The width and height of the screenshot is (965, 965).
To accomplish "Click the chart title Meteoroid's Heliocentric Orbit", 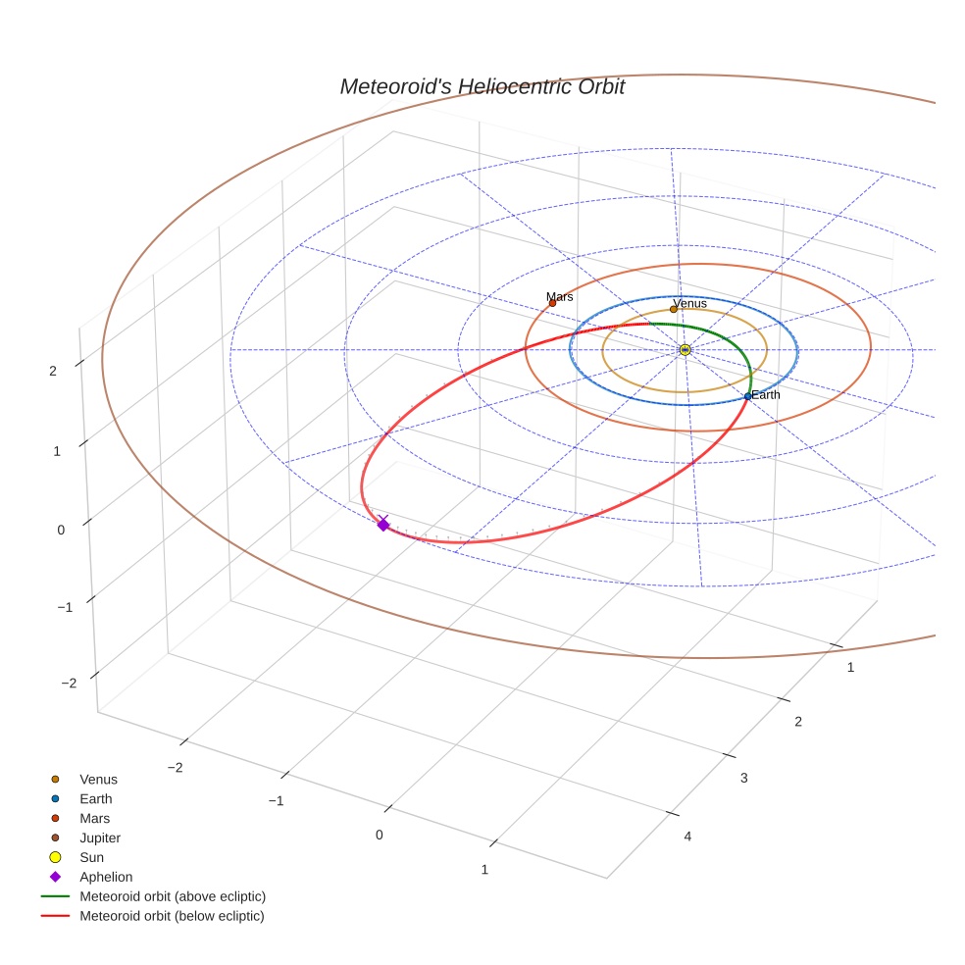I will (482, 87).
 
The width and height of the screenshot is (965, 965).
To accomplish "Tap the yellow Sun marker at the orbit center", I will (685, 350).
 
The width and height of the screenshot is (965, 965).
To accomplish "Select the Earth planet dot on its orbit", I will (747, 396).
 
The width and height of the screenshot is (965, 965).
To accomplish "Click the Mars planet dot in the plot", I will (552, 303).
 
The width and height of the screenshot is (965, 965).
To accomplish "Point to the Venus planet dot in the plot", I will (673, 310).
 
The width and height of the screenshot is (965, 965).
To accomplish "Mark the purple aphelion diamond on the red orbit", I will (383, 526).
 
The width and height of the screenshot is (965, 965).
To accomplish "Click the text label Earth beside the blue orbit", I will (766, 395).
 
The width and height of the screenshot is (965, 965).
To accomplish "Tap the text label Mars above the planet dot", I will (560, 296).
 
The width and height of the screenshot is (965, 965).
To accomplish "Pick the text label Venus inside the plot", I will (690, 304).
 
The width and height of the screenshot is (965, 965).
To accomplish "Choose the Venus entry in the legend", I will (98, 780).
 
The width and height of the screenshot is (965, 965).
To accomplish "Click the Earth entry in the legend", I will (96, 799).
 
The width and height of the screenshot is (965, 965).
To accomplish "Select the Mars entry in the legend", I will (95, 819).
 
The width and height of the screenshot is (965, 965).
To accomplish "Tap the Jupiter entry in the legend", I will (100, 838).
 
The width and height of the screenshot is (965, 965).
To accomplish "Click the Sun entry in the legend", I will (92, 858).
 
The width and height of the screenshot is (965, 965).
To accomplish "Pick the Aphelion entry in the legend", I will (106, 878).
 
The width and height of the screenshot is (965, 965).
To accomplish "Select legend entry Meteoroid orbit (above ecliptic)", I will (173, 896).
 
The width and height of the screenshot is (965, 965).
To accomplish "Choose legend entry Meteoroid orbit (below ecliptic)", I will (173, 916).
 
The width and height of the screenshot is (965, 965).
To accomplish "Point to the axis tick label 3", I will (743, 779).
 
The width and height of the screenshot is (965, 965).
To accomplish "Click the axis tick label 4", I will (687, 837).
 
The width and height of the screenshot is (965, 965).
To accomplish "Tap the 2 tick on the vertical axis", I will (53, 370).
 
